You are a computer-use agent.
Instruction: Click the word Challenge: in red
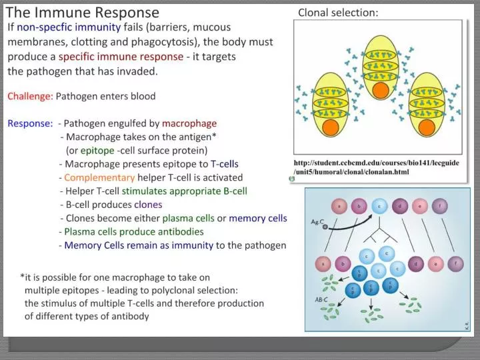point(30,96)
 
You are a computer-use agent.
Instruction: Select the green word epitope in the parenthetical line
point(97,150)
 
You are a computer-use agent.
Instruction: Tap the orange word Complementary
point(99,177)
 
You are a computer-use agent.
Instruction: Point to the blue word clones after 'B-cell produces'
point(148,205)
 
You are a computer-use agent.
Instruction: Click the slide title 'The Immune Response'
point(83,12)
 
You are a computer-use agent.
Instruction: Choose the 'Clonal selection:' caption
point(338,13)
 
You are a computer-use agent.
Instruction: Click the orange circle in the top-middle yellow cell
point(381,89)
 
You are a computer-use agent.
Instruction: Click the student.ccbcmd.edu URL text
point(376,167)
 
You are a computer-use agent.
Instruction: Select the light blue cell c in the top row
point(379,206)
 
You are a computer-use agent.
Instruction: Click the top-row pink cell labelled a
point(339,206)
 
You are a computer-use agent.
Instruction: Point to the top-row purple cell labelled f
point(441,206)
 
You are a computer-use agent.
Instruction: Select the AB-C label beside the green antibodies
point(321,299)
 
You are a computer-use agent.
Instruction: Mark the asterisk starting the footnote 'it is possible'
point(23,277)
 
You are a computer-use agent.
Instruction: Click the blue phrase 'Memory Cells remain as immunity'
point(139,245)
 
